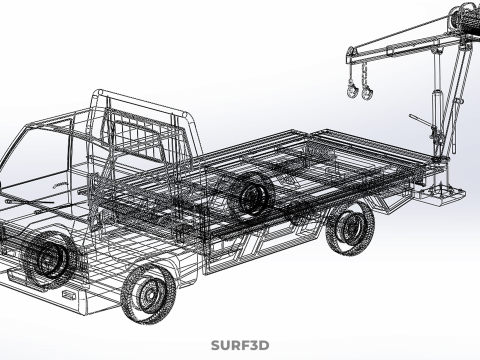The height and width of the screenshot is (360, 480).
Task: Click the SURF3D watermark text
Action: coord(240,346)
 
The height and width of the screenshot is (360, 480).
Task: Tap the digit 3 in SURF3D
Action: coord(254,346)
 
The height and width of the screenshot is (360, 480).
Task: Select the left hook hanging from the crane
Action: coord(352,91)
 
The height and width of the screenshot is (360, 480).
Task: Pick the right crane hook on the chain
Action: coord(367,92)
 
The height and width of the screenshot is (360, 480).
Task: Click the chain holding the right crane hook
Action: coord(365,74)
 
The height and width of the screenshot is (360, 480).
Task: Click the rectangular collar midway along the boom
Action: coord(389,52)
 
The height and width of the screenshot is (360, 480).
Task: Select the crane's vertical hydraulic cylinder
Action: coord(435,110)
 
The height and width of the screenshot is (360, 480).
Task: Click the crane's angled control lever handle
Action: coord(420,121)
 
